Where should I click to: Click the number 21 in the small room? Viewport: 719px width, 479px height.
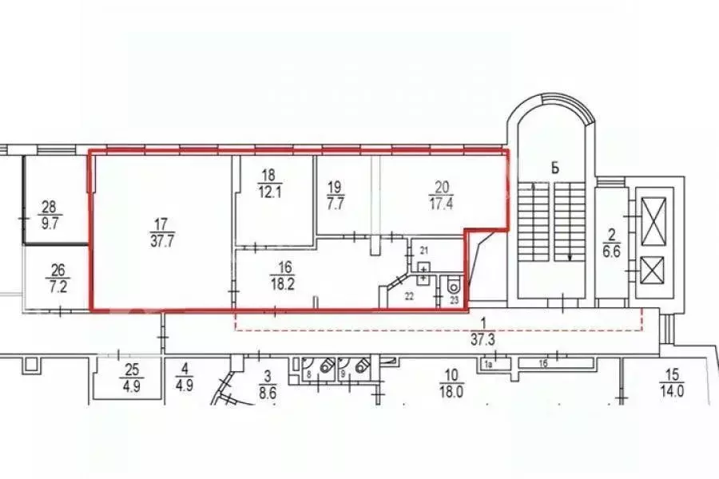tap(424, 251)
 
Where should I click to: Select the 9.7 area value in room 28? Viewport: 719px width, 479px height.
tap(50, 224)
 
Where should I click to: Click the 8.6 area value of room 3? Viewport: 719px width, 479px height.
tap(268, 393)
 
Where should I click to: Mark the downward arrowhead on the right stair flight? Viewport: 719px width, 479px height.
tap(569, 257)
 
